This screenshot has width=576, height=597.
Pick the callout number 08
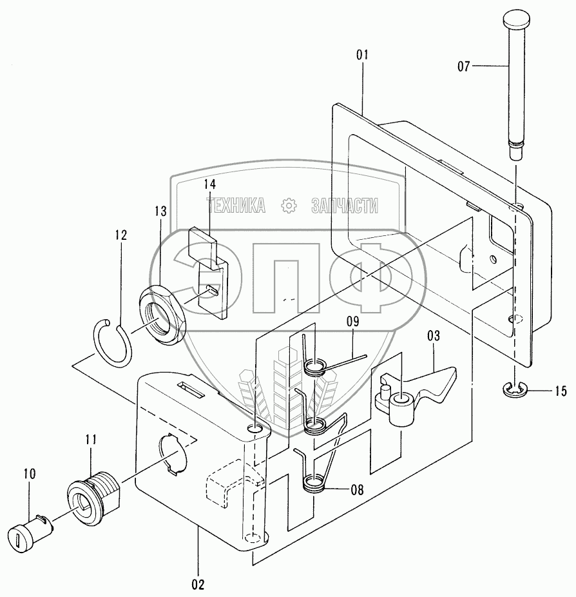click(356, 489)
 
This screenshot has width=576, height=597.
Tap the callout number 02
click(198, 585)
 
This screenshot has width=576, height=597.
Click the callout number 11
click(90, 440)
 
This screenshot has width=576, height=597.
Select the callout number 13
click(160, 211)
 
